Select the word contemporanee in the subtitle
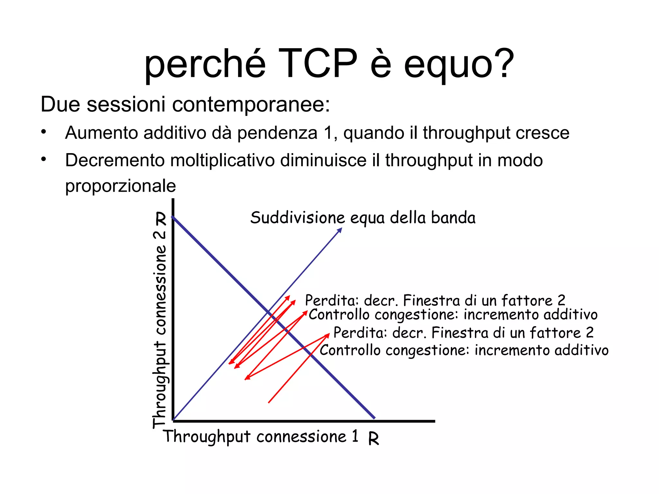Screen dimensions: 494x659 [251, 105]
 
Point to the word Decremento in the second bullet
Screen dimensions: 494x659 [115, 160]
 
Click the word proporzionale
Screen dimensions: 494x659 [120, 186]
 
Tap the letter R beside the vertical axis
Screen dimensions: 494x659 [161, 219]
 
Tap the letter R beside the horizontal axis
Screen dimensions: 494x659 [374, 438]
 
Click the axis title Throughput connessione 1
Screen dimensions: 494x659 [261, 437]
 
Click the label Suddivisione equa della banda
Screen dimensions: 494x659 [363, 218]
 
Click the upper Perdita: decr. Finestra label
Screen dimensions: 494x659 [435, 300]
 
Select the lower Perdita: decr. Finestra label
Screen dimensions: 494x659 [463, 333]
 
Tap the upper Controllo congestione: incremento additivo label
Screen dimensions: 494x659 [453, 315]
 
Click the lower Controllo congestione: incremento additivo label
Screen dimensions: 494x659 [464, 350]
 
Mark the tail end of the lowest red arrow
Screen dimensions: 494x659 [269, 402]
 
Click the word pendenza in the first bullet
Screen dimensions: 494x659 [277, 133]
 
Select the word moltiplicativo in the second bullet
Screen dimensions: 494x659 [222, 160]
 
